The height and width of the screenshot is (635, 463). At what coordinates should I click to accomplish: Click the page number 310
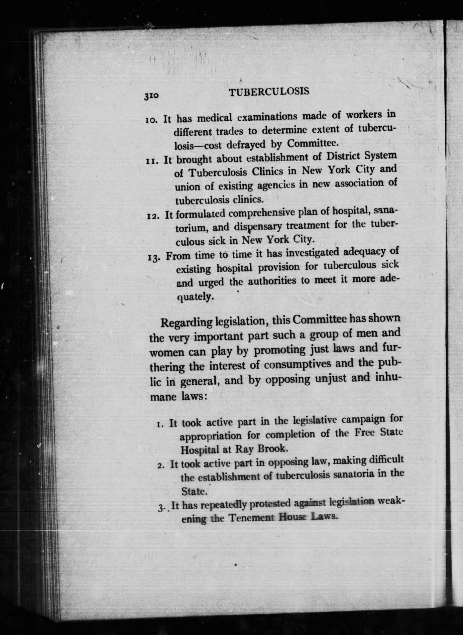[x=152, y=96]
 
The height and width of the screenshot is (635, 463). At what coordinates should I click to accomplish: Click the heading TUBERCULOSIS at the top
[x=269, y=92]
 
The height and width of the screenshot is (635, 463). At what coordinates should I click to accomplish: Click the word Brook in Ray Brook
[x=272, y=449]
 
